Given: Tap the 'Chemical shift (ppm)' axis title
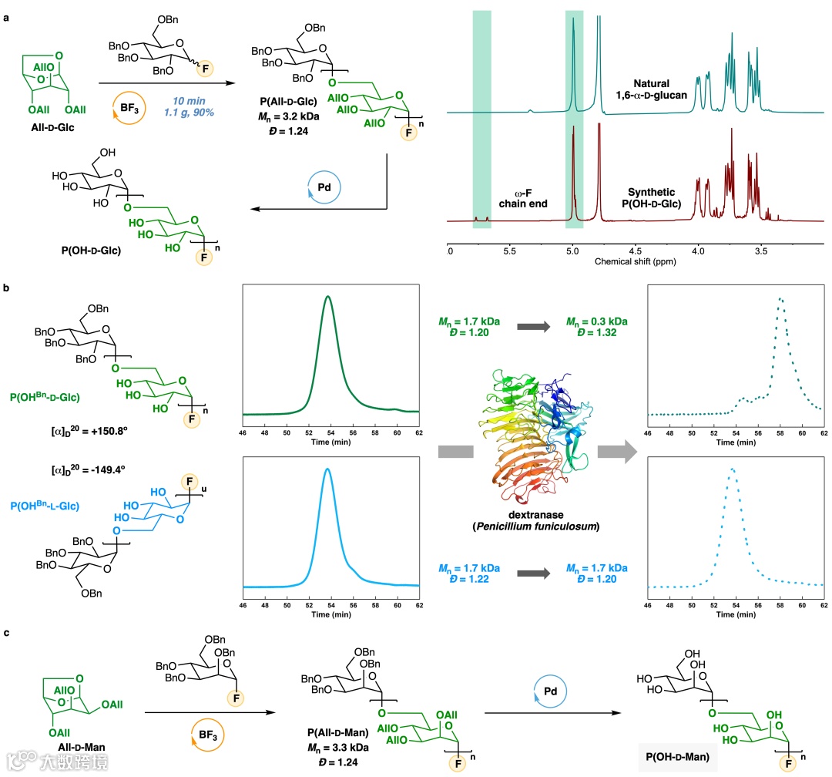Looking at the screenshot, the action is (x=635, y=262).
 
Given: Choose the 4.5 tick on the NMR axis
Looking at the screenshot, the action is (x=635, y=251).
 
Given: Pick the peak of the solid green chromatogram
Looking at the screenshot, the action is (x=328, y=297).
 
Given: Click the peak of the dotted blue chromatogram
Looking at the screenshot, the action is (x=733, y=469).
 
